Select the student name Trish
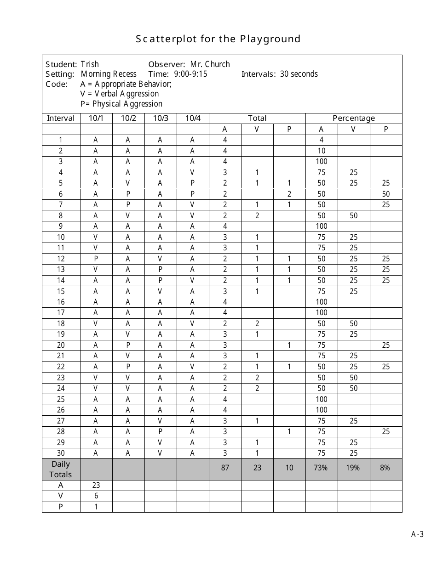pyautogui.click(x=90, y=64)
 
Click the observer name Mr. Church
pyautogui.click(x=210, y=64)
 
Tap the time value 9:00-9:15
pyautogui.click(x=190, y=74)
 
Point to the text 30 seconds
pyautogui.click(x=299, y=74)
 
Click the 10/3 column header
pyautogui.click(x=161, y=118)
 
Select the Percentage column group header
pyautogui.click(x=354, y=118)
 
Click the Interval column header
pyautogui.click(x=61, y=118)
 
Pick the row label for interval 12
pyautogui.click(x=61, y=259)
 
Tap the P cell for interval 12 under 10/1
pyautogui.click(x=96, y=259)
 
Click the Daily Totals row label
pyautogui.click(x=61, y=469)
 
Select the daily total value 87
pyautogui.click(x=225, y=468)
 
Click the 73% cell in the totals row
pyautogui.click(x=321, y=468)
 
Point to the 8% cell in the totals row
pyautogui.click(x=385, y=468)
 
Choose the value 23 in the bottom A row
pyautogui.click(x=96, y=485)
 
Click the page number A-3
pyautogui.click(x=417, y=534)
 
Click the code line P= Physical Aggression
pyautogui.click(x=121, y=104)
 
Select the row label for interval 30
pyautogui.click(x=61, y=453)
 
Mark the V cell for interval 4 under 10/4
pyautogui.click(x=192, y=173)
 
